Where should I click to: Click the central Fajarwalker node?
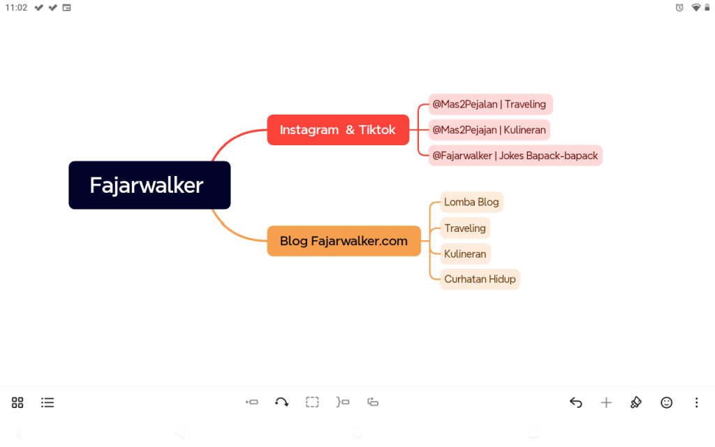click(x=149, y=185)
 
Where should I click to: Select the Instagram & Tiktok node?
click(x=338, y=130)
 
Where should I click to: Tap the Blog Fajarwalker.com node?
click(x=344, y=241)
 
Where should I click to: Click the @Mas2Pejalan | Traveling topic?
click(x=490, y=105)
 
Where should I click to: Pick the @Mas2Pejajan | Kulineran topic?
click(x=489, y=130)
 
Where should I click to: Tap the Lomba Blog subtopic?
click(x=471, y=202)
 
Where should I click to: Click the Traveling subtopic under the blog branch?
click(x=465, y=228)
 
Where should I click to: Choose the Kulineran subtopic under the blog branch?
click(x=465, y=254)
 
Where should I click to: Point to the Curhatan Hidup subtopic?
click(x=480, y=279)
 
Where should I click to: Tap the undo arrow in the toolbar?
click(x=576, y=402)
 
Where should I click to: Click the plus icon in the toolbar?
click(x=606, y=402)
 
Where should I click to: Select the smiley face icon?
click(x=666, y=402)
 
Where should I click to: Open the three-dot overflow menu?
click(x=696, y=402)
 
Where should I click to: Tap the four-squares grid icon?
click(x=17, y=402)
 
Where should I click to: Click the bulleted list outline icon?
click(x=47, y=402)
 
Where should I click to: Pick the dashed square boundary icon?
click(x=312, y=402)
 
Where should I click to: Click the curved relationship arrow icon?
click(x=282, y=402)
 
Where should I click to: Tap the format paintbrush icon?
click(x=636, y=402)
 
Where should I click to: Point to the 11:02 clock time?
click(x=17, y=7)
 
